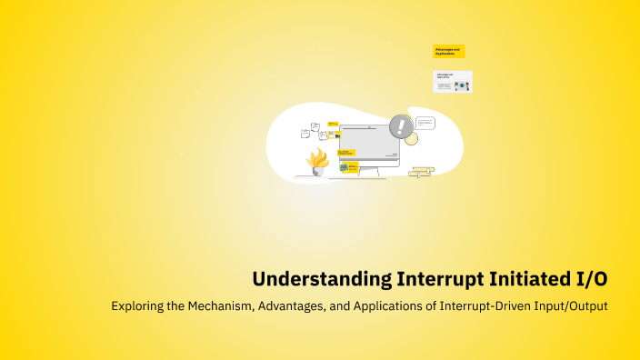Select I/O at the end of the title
pyautogui.click(x=588, y=279)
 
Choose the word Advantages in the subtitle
pyautogui.click(x=293, y=306)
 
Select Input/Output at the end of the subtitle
pyautogui.click(x=574, y=306)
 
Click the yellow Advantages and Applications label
pyautogui.click(x=449, y=52)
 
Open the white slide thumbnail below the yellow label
pyautogui.click(x=452, y=82)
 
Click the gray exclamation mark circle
pyautogui.click(x=400, y=126)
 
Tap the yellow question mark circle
pyautogui.click(x=412, y=139)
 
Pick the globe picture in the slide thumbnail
pyautogui.click(x=463, y=85)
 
